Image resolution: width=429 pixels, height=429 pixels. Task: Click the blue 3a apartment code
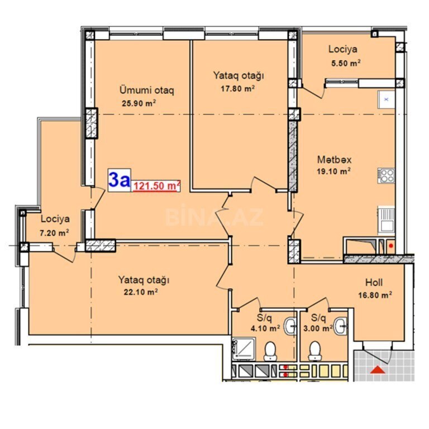click(x=120, y=180)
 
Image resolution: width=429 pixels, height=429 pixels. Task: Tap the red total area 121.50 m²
click(x=156, y=186)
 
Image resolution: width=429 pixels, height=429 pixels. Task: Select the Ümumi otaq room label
click(x=147, y=90)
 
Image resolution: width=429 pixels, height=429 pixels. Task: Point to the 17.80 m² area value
click(x=238, y=88)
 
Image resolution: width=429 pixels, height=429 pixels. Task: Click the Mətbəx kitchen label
click(x=334, y=159)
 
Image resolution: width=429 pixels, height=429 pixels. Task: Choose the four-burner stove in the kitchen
click(x=387, y=175)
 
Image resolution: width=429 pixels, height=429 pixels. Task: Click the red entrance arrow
click(x=378, y=369)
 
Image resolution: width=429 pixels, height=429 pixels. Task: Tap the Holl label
click(x=374, y=282)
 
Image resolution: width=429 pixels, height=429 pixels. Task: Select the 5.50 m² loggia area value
click(x=346, y=63)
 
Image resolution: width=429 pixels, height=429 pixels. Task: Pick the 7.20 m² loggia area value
click(x=54, y=233)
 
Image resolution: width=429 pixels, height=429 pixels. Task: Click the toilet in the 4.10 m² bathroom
click(x=270, y=351)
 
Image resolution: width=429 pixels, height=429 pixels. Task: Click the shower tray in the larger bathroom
click(x=244, y=348)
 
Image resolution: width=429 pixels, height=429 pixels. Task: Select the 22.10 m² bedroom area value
click(x=141, y=292)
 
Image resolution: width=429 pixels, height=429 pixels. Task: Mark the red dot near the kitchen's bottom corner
click(x=391, y=246)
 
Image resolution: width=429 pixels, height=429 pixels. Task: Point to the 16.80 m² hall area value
click(x=375, y=295)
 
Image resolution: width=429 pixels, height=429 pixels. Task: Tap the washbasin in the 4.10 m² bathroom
click(x=290, y=326)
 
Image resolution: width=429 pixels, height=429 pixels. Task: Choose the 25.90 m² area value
click(x=139, y=103)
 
